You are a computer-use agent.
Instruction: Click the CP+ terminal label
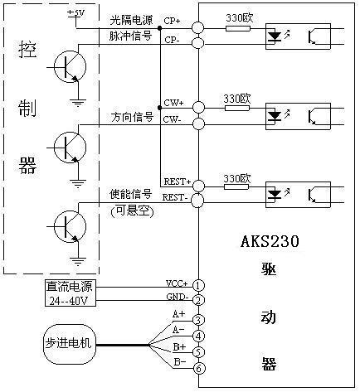pyautogui.click(x=172, y=21)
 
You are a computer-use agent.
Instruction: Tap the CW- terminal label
pyautogui.click(x=172, y=119)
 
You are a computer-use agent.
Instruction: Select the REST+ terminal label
pyautogui.click(x=178, y=181)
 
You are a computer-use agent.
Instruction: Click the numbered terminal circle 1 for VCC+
pyautogui.click(x=198, y=285)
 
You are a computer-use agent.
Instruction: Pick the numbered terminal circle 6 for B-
pyautogui.click(x=199, y=368)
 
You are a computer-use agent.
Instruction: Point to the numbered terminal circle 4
pyautogui.click(x=198, y=336)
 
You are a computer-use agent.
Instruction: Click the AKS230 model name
pyautogui.click(x=270, y=241)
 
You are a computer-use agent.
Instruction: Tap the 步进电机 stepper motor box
pyautogui.click(x=70, y=344)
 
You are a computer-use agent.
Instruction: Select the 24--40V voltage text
pyautogui.click(x=69, y=301)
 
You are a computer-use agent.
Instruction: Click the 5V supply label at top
pyautogui.click(x=77, y=13)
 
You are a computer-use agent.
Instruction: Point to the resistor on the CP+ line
pyautogui.click(x=238, y=28)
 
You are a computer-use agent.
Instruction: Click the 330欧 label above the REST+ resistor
pyautogui.click(x=237, y=178)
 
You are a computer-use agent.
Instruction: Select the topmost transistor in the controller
pyautogui.click(x=70, y=66)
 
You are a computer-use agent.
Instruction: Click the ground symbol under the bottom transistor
pyautogui.click(x=78, y=261)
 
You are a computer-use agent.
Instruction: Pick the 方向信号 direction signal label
pyautogui.click(x=132, y=117)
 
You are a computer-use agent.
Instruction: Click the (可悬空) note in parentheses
pyautogui.click(x=132, y=211)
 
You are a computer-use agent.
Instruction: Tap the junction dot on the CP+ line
pyautogui.click(x=159, y=28)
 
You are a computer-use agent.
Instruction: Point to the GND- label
pyautogui.click(x=178, y=297)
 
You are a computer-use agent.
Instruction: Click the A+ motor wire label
pyautogui.click(x=179, y=314)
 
